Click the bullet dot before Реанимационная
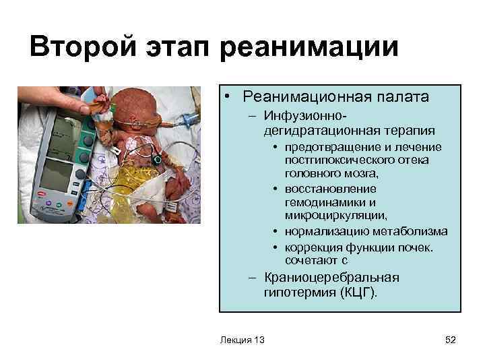tap(230, 98)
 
